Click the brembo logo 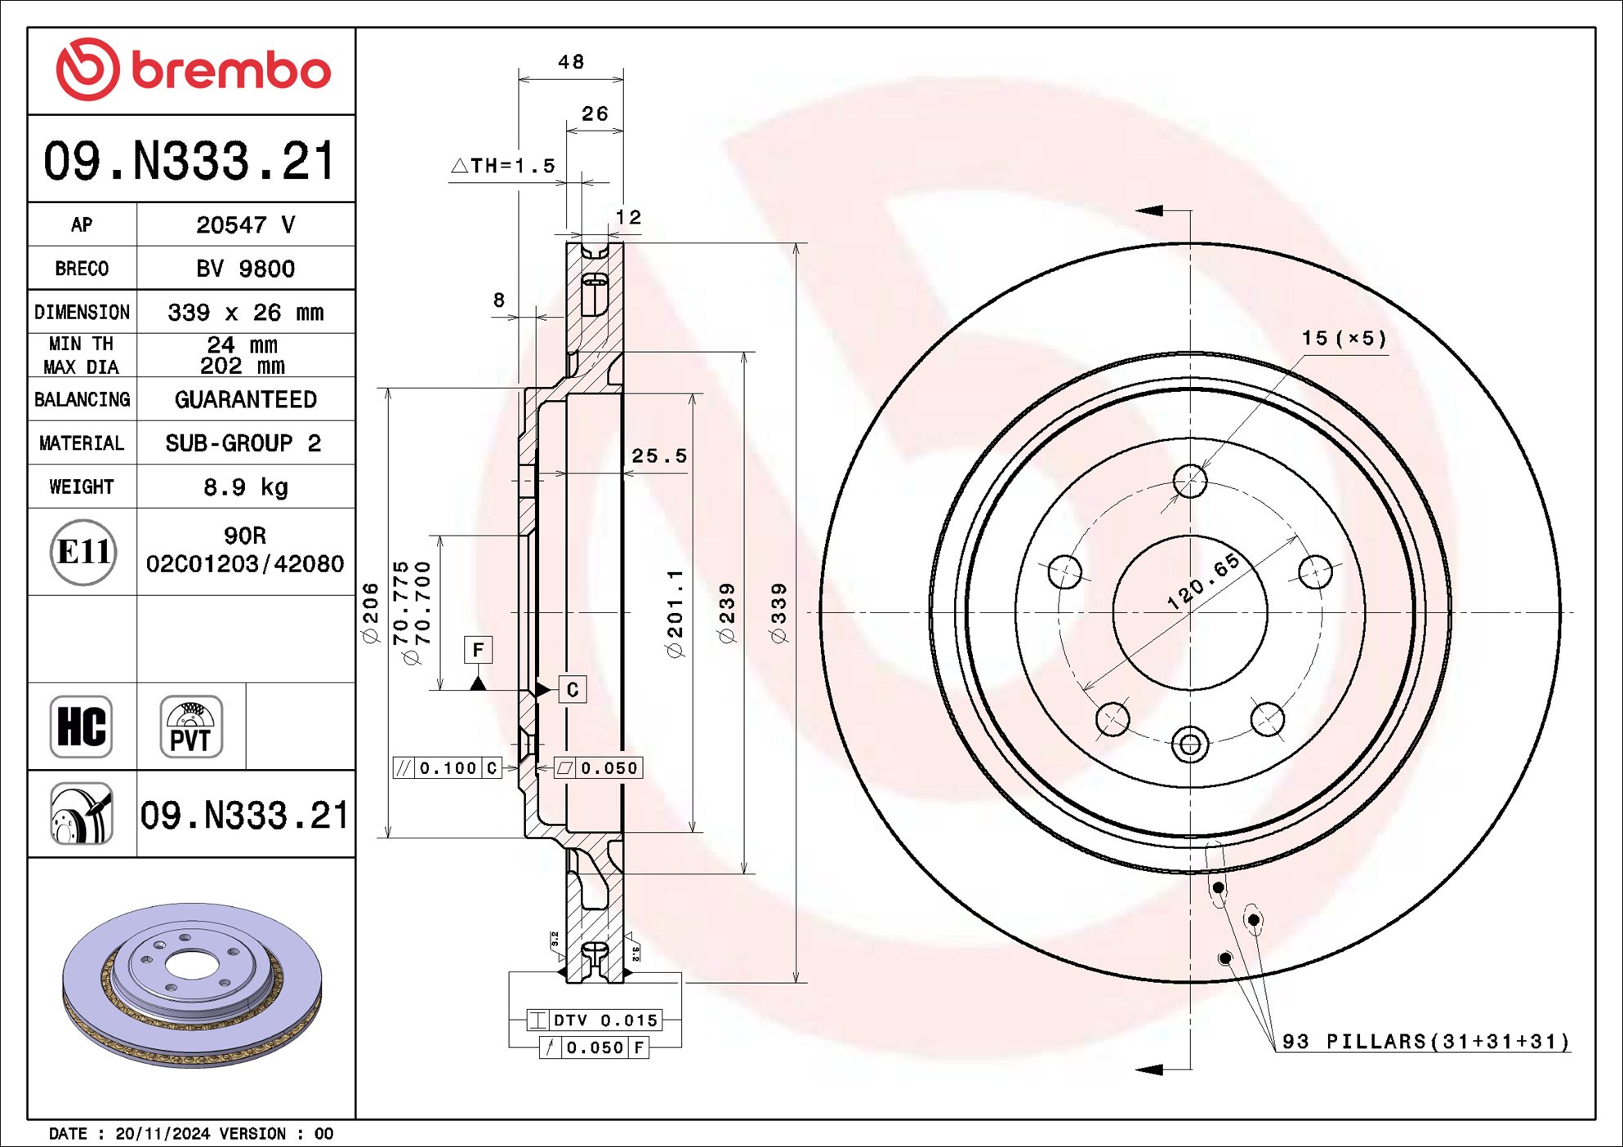tap(193, 70)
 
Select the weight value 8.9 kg tap(245, 487)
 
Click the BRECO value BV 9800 tap(245, 269)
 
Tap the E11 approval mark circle tap(82, 553)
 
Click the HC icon tap(81, 727)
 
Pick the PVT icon tap(191, 727)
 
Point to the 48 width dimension tap(571, 62)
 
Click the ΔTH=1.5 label tap(504, 166)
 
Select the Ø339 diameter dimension tap(779, 613)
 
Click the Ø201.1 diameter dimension tap(675, 613)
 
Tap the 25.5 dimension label tap(659, 456)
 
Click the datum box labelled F tap(478, 650)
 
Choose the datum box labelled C tap(572, 690)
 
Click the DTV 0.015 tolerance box tap(595, 1020)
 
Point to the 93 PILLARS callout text tap(1425, 1042)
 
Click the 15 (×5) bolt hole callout tap(1344, 338)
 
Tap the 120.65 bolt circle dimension tap(1203, 581)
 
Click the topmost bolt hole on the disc tap(1190, 482)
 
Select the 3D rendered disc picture tap(193, 985)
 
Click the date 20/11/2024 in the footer tap(163, 1134)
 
